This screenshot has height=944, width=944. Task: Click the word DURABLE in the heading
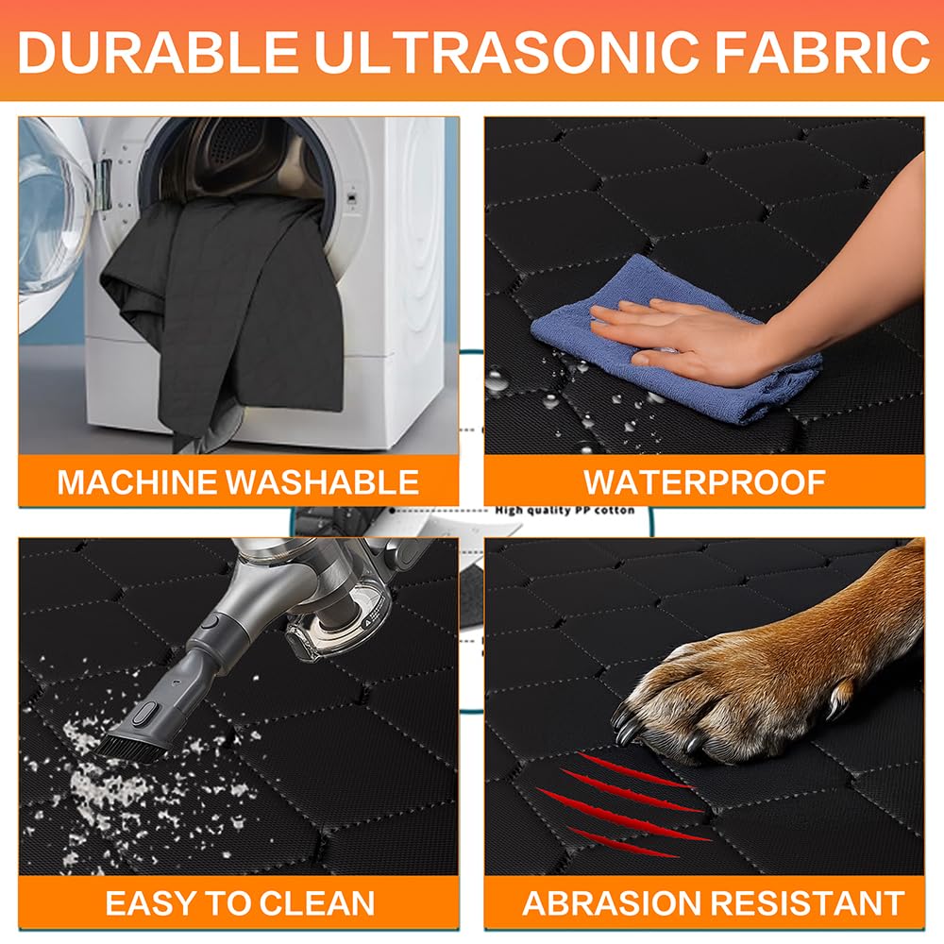150,53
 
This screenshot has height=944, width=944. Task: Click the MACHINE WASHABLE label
238,481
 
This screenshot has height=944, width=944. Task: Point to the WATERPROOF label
704,481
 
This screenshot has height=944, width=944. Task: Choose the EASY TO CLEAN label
240,902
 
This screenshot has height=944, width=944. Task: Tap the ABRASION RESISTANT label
714,902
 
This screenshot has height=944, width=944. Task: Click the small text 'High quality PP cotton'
564,511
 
